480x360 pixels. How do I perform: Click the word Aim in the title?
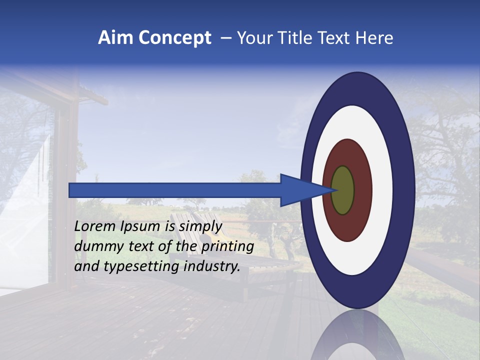pos(116,38)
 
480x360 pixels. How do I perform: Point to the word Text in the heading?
pos(334,38)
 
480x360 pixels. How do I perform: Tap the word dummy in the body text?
pos(95,246)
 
